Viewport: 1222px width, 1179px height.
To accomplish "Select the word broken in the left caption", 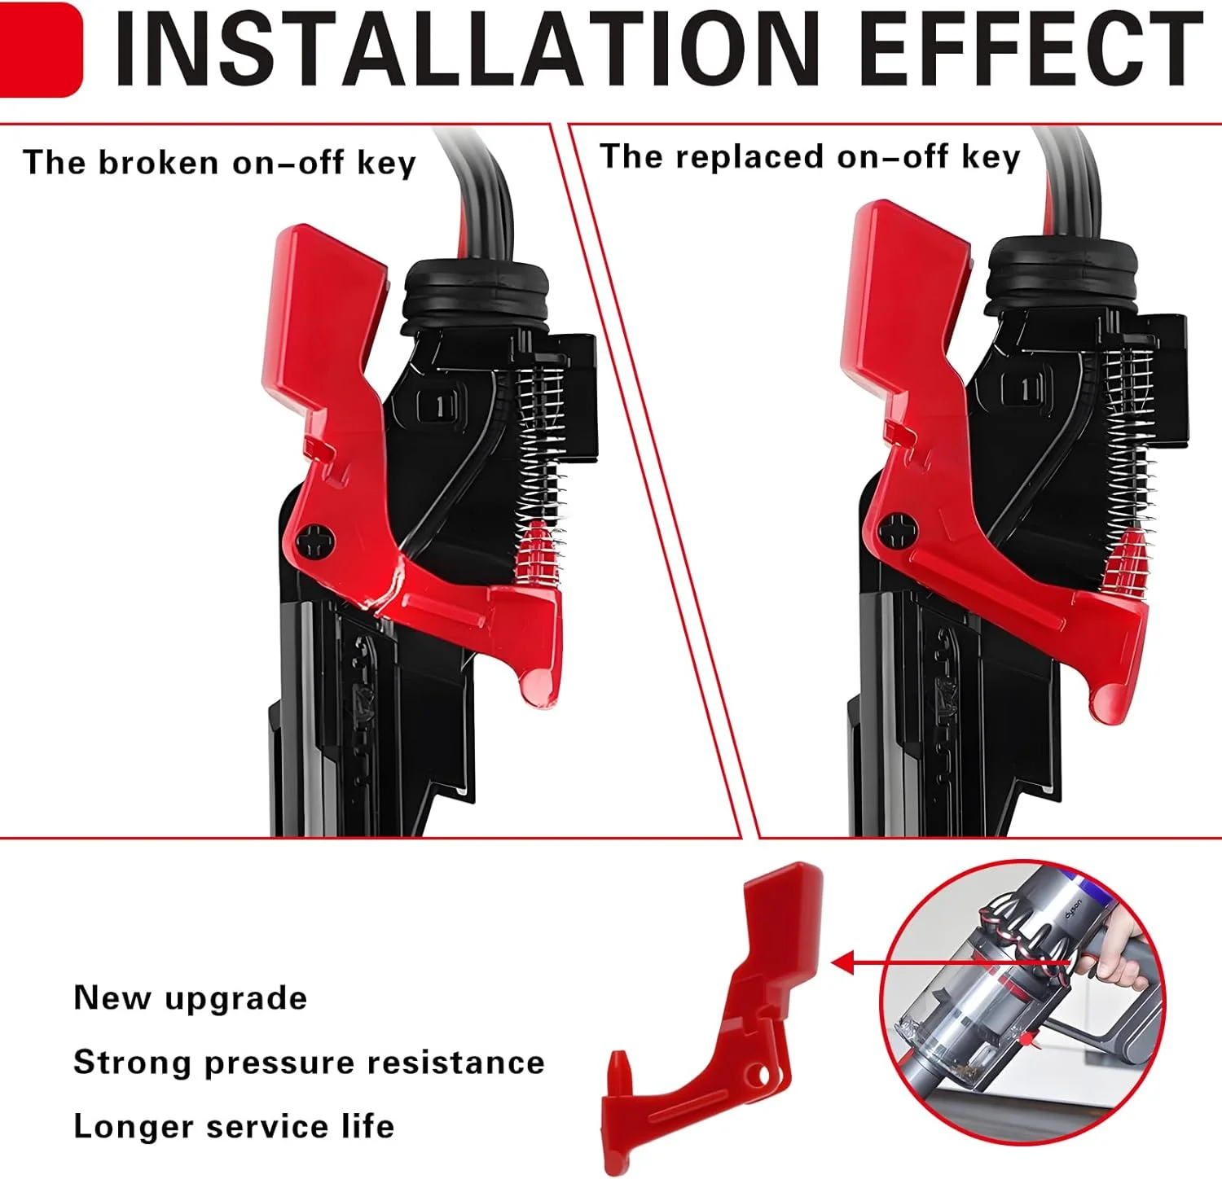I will [x=158, y=163].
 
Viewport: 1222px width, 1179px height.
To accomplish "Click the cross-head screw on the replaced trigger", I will [x=899, y=532].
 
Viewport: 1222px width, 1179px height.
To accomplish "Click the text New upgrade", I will [x=190, y=998].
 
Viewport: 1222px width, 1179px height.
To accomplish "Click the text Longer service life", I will [x=234, y=1127].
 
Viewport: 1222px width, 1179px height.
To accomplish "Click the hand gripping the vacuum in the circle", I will [x=1120, y=961].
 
